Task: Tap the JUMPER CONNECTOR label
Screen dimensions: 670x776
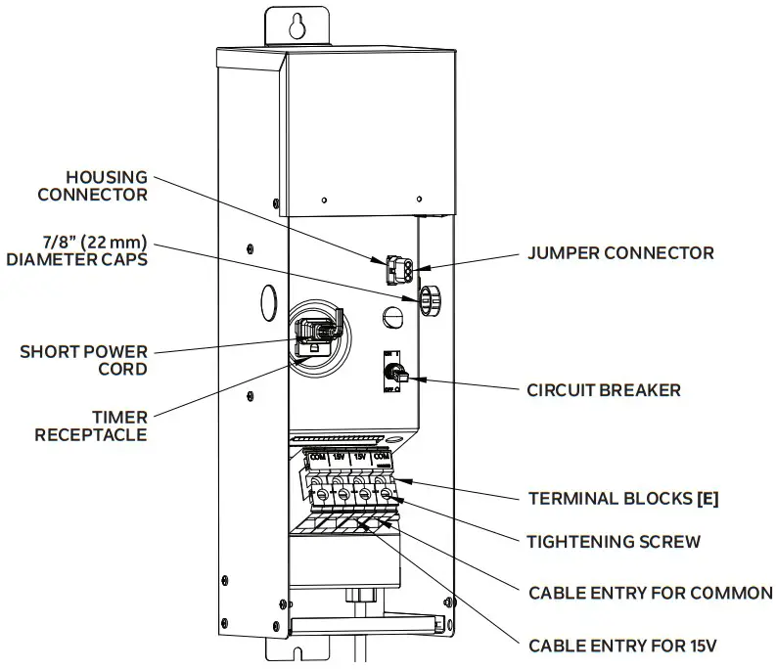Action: [620, 253]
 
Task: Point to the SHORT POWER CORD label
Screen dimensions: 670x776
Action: [83, 360]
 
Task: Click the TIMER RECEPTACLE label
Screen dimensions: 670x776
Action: [91, 424]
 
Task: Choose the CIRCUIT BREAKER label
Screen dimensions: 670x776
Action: [604, 390]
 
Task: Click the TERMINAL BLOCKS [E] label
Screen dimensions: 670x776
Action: [623, 498]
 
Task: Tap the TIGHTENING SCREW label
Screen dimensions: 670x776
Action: [614, 541]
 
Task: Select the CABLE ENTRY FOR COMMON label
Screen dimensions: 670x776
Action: [651, 593]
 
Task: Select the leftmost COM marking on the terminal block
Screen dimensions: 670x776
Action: [316, 457]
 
